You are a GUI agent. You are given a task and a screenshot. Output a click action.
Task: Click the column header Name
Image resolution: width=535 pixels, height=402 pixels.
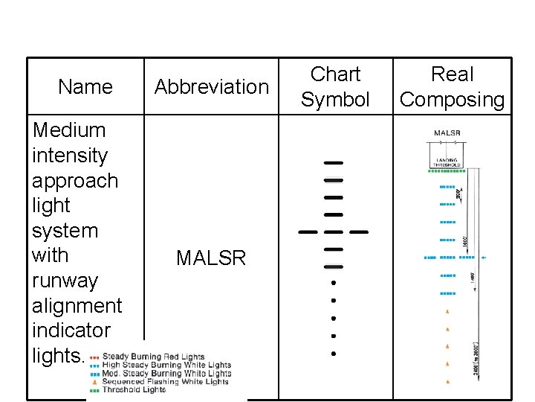(85, 87)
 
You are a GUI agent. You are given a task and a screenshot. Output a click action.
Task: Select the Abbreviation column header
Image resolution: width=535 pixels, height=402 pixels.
(212, 87)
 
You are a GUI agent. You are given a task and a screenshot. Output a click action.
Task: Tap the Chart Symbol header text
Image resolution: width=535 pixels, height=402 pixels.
(335, 86)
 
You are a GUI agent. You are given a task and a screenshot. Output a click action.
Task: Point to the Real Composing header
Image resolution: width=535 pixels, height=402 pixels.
(452, 86)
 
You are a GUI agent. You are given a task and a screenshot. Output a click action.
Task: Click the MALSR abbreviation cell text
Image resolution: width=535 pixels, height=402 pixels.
(211, 258)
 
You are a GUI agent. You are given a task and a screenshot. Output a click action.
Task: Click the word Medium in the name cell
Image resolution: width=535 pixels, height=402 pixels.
(70, 130)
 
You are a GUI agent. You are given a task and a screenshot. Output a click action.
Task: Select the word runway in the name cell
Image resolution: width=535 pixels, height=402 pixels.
(65, 281)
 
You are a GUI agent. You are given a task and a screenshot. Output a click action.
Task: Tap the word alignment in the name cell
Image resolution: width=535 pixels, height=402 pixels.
(77, 305)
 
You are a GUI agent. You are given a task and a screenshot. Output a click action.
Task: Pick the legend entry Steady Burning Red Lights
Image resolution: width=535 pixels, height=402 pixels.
(153, 357)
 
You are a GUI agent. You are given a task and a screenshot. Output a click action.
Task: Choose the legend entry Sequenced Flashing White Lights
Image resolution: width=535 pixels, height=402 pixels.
(165, 382)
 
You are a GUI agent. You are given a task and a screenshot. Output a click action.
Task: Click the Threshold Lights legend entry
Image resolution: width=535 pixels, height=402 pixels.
(134, 390)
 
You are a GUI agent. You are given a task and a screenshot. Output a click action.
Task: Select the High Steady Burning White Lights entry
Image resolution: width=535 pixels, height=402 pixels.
(166, 366)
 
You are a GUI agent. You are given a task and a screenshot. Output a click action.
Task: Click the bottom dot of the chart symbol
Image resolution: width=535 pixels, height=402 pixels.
(334, 353)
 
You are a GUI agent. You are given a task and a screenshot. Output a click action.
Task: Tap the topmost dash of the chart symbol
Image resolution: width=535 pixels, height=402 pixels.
(334, 162)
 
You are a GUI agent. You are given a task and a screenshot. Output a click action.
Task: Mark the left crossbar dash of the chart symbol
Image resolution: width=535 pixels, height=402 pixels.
(308, 232)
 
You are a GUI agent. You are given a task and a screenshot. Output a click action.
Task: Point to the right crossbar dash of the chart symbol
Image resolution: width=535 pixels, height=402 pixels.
(360, 232)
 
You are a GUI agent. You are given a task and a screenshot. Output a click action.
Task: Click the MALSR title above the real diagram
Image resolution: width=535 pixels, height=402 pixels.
(447, 133)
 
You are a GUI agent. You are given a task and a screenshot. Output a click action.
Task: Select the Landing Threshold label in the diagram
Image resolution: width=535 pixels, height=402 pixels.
(447, 162)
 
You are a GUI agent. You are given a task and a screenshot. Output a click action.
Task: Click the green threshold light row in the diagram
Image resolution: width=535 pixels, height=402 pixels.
(447, 171)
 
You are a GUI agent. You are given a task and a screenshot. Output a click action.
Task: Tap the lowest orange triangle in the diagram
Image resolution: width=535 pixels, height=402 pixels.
(447, 382)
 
